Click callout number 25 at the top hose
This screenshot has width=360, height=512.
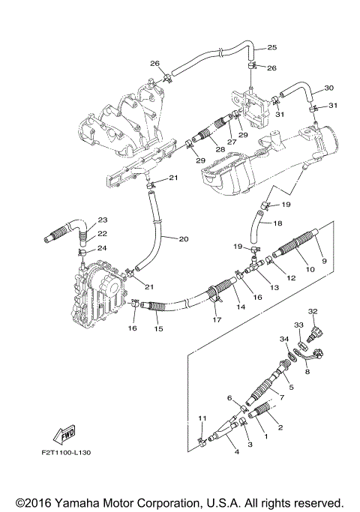271,48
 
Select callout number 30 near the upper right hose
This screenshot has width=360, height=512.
328,88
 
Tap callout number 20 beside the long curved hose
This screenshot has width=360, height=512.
184,239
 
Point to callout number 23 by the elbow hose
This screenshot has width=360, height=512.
102,220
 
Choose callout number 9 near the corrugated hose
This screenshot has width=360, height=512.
324,260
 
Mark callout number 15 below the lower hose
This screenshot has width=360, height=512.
158,328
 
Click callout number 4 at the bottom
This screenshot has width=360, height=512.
236,451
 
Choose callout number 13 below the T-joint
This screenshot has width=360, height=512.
273,287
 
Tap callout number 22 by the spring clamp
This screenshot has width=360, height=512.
102,234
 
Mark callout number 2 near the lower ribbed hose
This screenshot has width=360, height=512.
280,428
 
